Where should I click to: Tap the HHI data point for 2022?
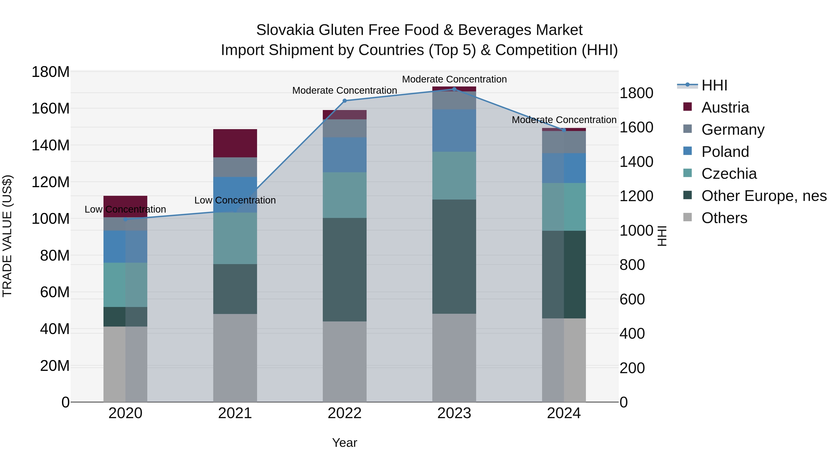click(345, 101)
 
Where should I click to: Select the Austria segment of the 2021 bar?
click(235, 143)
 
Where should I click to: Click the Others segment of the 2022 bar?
click(345, 362)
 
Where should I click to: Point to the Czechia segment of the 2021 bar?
click(235, 238)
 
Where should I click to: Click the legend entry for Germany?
click(732, 130)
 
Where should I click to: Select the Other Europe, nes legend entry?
click(764, 196)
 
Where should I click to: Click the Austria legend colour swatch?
click(687, 107)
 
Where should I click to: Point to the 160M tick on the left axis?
click(51, 108)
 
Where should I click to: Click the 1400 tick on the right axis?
click(636, 162)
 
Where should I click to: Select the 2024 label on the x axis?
click(564, 413)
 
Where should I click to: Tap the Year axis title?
click(345, 443)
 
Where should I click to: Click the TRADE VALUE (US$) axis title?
click(7, 236)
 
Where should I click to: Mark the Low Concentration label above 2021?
click(235, 200)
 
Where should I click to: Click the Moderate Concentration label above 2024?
click(564, 120)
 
